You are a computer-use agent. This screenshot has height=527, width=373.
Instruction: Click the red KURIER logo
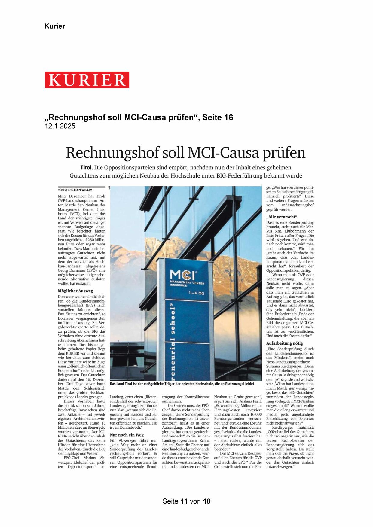(87, 80)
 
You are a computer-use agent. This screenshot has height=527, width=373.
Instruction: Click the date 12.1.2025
(60, 126)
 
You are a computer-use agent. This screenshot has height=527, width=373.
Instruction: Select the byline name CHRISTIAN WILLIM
(78, 190)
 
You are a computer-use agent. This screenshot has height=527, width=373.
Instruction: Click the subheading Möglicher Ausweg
(75, 291)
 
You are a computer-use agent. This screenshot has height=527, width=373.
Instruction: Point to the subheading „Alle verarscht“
(282, 217)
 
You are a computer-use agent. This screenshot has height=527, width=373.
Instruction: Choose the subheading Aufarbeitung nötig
(284, 343)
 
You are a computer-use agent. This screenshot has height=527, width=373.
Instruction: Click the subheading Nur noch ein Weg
(127, 435)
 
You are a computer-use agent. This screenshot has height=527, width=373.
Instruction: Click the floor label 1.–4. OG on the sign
(196, 293)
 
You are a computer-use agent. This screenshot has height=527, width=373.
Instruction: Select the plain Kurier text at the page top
(55, 26)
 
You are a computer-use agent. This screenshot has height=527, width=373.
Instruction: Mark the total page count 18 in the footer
(206, 501)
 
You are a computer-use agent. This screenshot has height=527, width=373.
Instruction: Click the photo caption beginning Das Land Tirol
(182, 384)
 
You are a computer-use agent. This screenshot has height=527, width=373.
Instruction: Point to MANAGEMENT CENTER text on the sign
(187, 283)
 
